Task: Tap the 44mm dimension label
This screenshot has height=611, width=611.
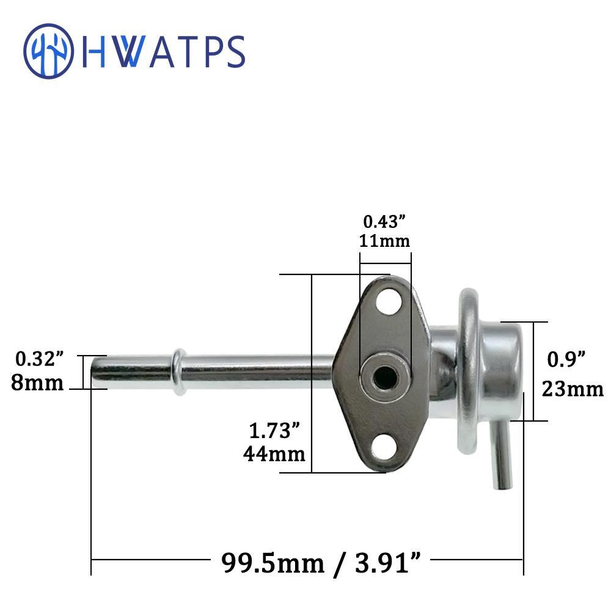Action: pyautogui.click(x=274, y=454)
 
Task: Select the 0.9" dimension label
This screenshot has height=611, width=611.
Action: pyautogui.click(x=566, y=359)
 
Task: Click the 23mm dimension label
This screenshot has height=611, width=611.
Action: pyautogui.click(x=573, y=389)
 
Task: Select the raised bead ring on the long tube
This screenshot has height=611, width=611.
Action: pyautogui.click(x=179, y=371)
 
